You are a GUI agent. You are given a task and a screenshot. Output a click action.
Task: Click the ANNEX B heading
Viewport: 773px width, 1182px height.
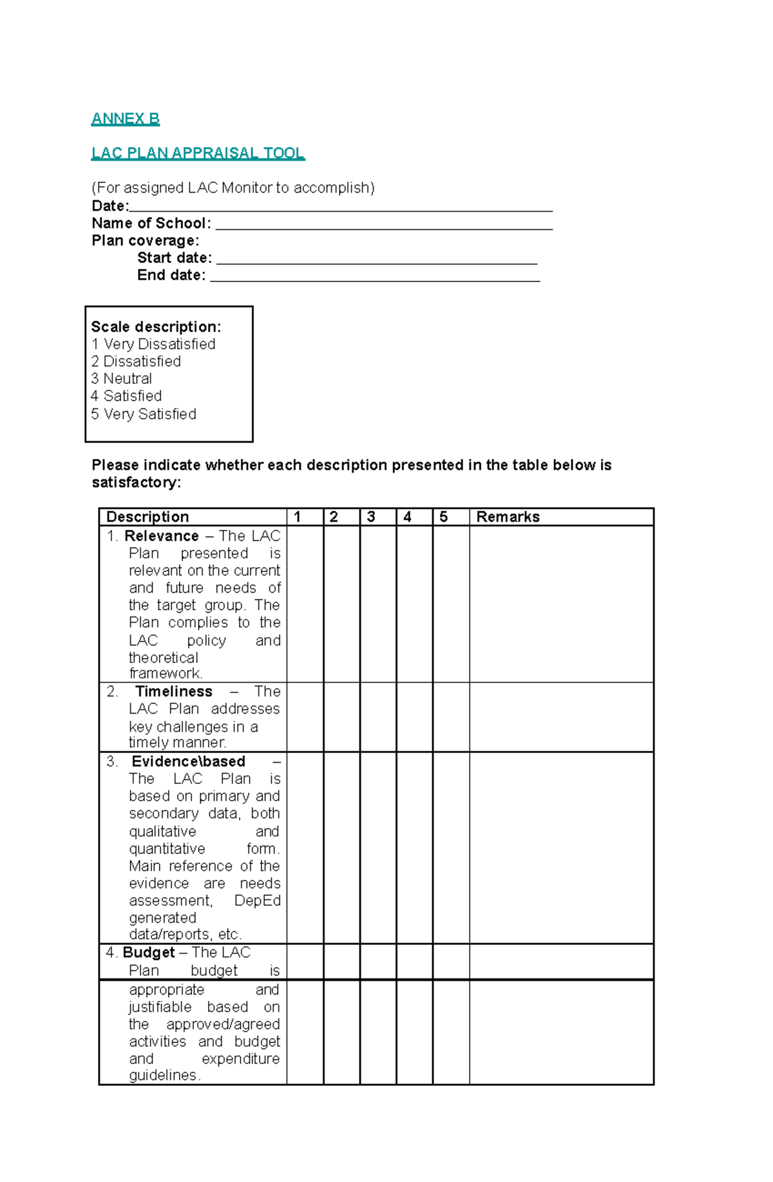125,119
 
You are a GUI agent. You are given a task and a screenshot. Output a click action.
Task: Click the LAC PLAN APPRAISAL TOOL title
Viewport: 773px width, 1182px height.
198,153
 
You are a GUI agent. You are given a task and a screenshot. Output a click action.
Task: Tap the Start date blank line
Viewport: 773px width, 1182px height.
376,260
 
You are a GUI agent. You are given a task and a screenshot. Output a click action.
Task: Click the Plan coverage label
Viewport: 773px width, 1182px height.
145,241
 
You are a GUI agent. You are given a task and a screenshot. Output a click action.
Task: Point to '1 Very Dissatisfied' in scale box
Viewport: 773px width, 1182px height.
153,344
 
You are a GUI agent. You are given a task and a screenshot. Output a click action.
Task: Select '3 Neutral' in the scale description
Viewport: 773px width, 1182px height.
122,379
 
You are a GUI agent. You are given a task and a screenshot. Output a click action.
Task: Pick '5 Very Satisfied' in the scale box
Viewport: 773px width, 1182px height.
144,414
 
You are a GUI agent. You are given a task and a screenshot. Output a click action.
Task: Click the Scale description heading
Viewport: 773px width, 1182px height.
156,327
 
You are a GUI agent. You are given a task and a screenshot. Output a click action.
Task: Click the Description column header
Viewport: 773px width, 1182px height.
148,517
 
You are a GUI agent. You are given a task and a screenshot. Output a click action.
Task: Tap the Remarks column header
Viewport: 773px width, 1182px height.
508,517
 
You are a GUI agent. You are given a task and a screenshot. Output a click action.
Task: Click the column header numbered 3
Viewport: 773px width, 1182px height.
371,517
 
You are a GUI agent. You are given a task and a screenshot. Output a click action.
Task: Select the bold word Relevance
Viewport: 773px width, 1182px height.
161,536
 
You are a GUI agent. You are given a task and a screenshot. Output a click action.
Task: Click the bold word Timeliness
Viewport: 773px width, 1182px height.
173,691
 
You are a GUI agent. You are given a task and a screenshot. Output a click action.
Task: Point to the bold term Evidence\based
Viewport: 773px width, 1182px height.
188,761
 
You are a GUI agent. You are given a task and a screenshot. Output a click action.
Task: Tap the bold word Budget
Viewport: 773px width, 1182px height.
149,952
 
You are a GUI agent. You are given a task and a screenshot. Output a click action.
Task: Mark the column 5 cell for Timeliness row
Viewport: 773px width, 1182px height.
451,717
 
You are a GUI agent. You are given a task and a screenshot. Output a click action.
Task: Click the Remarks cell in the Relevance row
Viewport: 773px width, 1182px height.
561,604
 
